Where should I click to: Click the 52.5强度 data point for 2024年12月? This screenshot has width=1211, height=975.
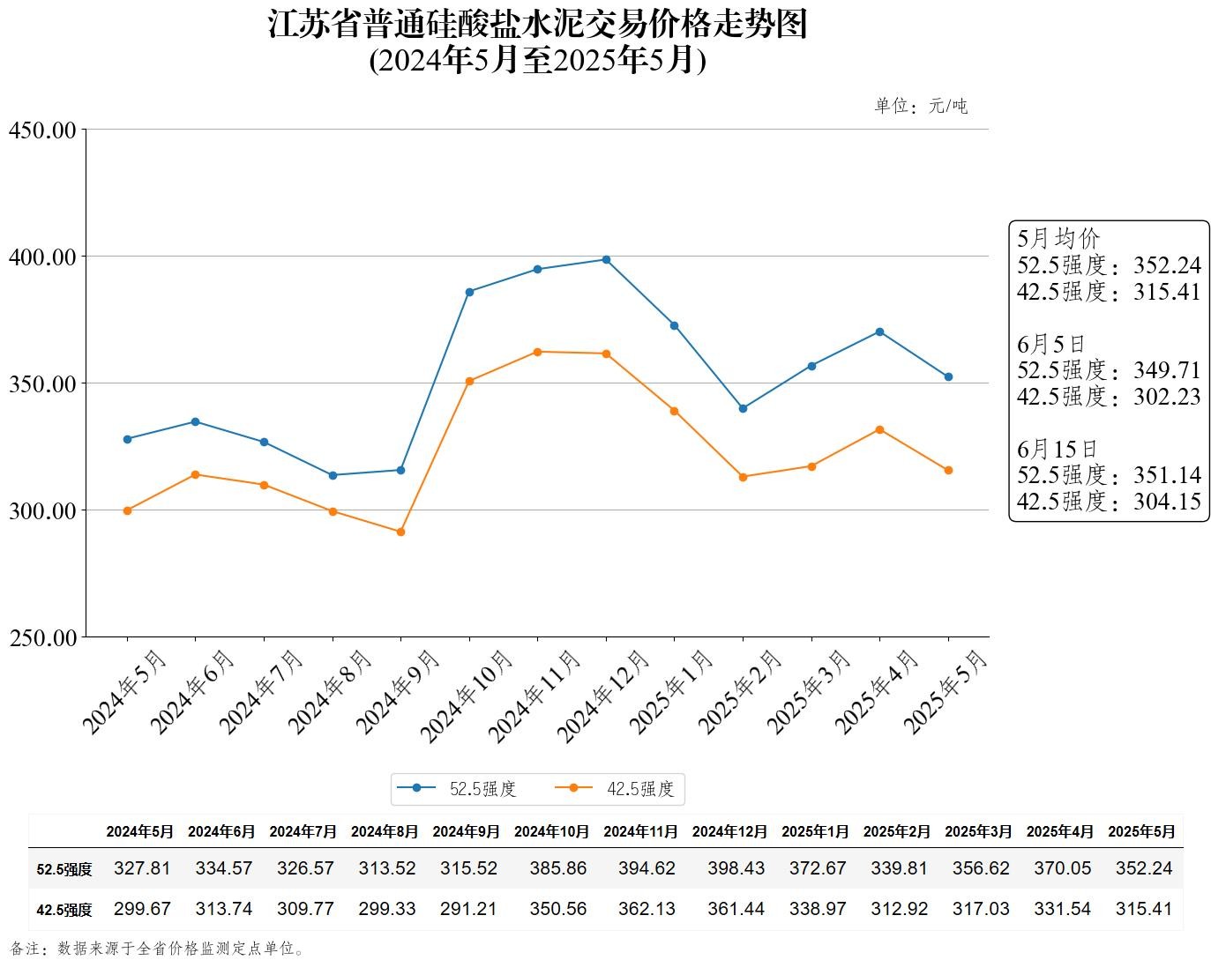pyautogui.click(x=606, y=260)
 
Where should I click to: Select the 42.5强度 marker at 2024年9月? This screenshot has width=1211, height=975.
pyautogui.click(x=400, y=532)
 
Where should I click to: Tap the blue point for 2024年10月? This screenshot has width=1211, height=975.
pyautogui.click(x=469, y=292)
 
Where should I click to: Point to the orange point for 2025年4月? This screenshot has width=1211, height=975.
pyautogui.click(x=879, y=430)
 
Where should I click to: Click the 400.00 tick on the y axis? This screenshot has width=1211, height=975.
pyautogui.click(x=42, y=257)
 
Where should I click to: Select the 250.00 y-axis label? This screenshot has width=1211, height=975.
pyautogui.click(x=42, y=637)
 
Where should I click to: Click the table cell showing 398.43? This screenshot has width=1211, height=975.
pyautogui.click(x=736, y=868)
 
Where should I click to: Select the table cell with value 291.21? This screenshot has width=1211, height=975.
pyautogui.click(x=468, y=909)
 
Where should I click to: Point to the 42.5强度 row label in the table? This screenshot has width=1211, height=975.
pyautogui.click(x=64, y=910)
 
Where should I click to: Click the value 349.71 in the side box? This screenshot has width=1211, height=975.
pyautogui.click(x=1167, y=369)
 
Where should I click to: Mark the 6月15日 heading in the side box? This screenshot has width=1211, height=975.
pyautogui.click(x=1058, y=449)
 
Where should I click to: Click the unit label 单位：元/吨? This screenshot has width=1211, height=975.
pyautogui.click(x=921, y=107)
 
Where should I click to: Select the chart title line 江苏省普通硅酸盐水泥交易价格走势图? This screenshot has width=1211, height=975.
pyautogui.click(x=537, y=25)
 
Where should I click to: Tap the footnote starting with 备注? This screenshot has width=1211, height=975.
pyautogui.click(x=159, y=949)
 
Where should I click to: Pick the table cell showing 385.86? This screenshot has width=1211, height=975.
pyautogui.click(x=558, y=868)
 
